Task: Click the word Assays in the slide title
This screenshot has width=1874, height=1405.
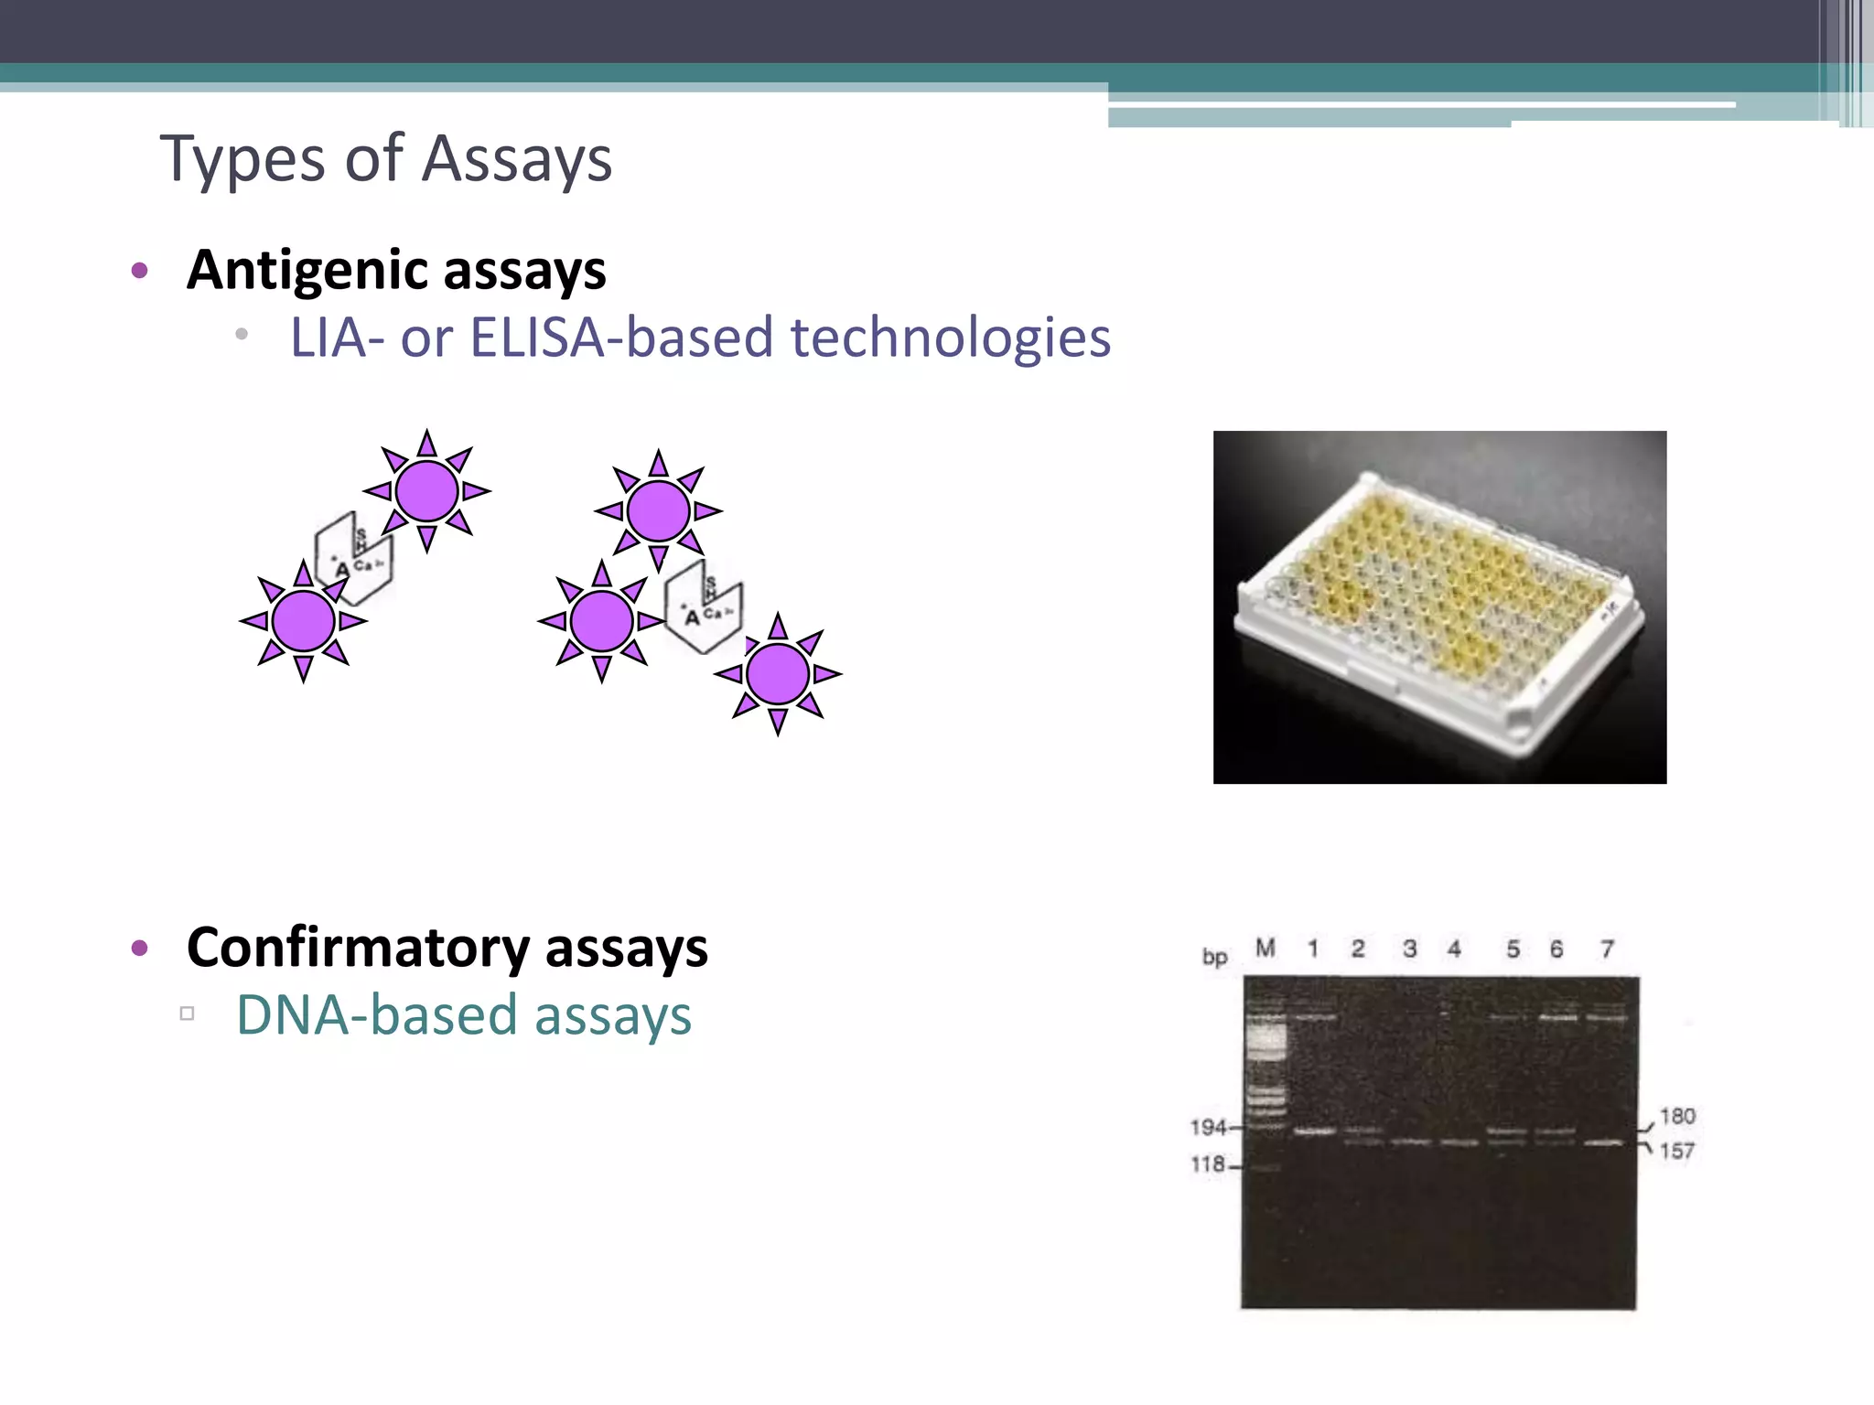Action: click(x=517, y=159)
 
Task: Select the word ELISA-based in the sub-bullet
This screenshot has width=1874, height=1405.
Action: click(x=622, y=338)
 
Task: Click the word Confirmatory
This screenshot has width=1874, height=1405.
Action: click(x=358, y=948)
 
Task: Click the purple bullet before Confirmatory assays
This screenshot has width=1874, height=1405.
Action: click(x=139, y=948)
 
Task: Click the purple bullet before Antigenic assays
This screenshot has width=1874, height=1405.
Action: click(x=139, y=270)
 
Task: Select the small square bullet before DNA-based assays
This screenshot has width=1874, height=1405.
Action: click(x=188, y=1014)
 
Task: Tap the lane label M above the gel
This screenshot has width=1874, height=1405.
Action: click(x=1265, y=949)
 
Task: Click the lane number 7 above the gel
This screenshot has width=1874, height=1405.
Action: click(x=1607, y=949)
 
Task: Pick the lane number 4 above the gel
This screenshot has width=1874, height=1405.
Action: click(x=1454, y=949)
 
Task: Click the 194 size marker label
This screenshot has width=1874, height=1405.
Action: click(x=1208, y=1128)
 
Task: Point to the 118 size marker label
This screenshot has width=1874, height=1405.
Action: click(x=1208, y=1164)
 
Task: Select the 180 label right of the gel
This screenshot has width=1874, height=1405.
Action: click(x=1677, y=1116)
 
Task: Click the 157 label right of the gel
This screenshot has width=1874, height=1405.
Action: click(x=1677, y=1151)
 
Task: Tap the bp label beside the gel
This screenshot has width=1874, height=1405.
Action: click(x=1214, y=957)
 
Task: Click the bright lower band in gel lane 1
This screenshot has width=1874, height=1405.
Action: click(x=1315, y=1132)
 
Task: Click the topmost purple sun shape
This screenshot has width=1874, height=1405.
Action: click(x=426, y=491)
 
